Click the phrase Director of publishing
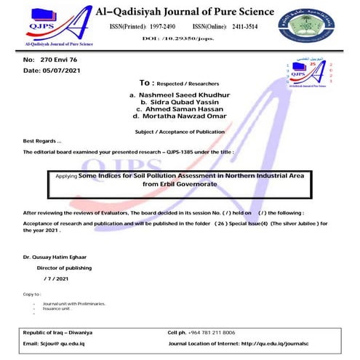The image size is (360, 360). [x=65, y=270]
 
